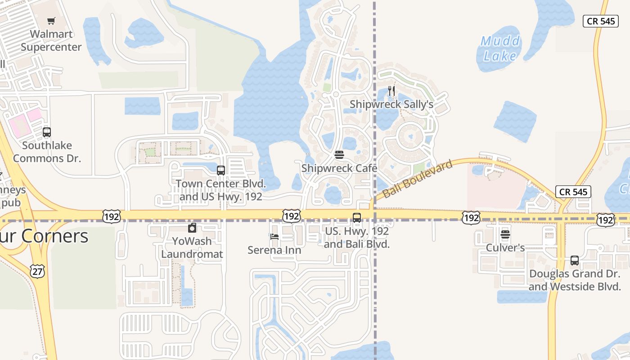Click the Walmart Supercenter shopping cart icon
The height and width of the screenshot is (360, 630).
click(x=51, y=21)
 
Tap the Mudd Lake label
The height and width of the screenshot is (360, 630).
click(x=500, y=49)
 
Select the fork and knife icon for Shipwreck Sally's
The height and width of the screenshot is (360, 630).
click(x=391, y=91)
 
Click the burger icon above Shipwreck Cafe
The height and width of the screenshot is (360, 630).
click(x=339, y=155)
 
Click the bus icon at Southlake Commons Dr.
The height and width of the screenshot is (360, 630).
click(x=47, y=132)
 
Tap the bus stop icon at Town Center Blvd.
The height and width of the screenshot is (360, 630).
click(x=221, y=171)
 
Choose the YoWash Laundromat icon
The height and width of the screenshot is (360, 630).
click(x=192, y=228)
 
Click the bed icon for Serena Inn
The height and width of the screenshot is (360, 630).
click(x=274, y=237)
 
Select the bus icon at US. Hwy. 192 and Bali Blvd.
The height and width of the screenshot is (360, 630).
click(x=357, y=218)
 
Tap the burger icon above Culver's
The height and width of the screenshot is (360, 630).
click(x=505, y=234)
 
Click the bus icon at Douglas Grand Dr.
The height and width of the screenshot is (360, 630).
click(x=575, y=260)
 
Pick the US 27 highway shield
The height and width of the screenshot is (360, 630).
click(x=37, y=270)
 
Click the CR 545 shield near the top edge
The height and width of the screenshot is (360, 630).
click(x=600, y=21)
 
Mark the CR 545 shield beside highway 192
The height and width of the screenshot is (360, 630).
click(x=573, y=192)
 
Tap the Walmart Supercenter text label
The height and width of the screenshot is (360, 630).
click(x=51, y=40)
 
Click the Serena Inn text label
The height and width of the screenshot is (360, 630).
click(x=274, y=250)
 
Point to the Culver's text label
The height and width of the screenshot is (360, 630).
click(x=505, y=247)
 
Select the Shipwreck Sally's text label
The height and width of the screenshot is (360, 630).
click(x=391, y=104)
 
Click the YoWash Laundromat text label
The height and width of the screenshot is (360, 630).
click(x=192, y=247)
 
